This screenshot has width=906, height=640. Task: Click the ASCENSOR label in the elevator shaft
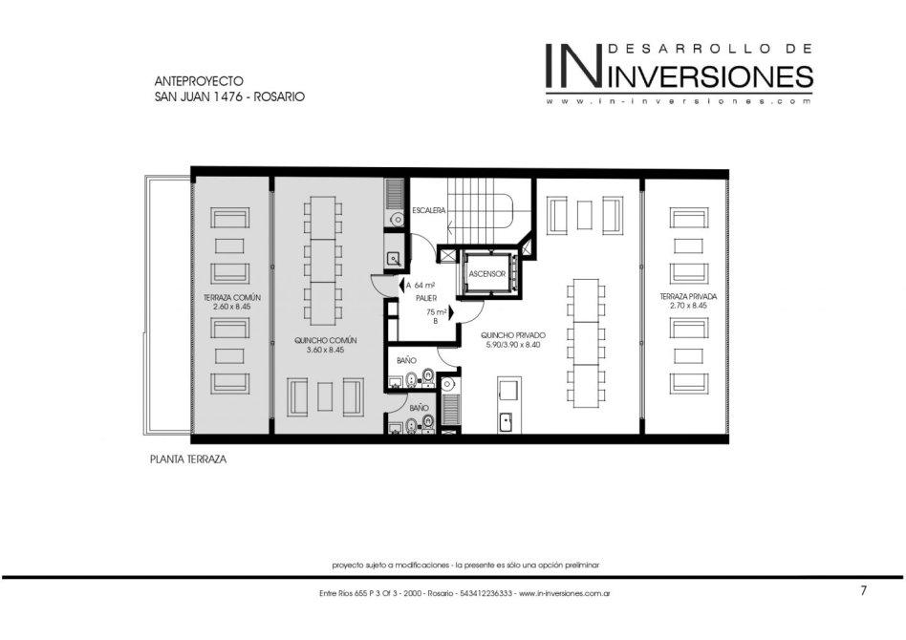tap(486, 274)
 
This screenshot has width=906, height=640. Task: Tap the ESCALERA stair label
tap(429, 211)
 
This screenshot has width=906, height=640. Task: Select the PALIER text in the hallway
tap(426, 298)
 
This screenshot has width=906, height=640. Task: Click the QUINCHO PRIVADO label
tap(513, 335)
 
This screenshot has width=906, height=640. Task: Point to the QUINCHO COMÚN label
tap(325, 340)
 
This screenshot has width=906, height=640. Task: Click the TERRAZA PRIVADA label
tap(688, 296)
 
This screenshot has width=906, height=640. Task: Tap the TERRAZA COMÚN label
tap(231, 297)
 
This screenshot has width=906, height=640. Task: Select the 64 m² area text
tap(424, 285)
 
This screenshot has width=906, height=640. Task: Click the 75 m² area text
tap(436, 312)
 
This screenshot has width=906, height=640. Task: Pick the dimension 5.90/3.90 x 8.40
tap(513, 344)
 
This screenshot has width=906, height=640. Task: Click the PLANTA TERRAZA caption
tap(187, 459)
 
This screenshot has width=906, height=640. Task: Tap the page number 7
tap(864, 590)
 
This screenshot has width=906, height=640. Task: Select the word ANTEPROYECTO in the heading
tap(199, 81)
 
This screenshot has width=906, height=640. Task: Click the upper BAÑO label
tap(406, 360)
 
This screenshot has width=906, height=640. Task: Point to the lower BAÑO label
tap(419, 408)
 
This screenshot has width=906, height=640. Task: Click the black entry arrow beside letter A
tap(401, 285)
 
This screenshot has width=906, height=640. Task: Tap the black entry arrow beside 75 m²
tap(452, 312)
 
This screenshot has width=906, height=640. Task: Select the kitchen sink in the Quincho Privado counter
tap(506, 421)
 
